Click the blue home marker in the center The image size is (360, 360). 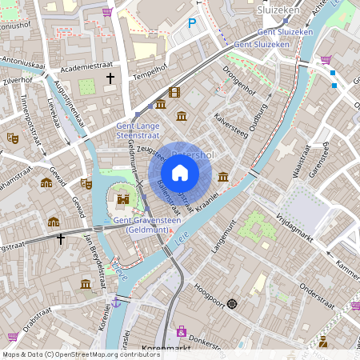pyautogui.click(x=180, y=173)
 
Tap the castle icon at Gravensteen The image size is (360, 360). pyautogui.click(x=123, y=198)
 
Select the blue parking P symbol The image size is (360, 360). pyautogui.click(x=192, y=24)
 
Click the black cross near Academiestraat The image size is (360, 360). pyautogui.click(x=110, y=78)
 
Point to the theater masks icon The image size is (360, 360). pyautogui.click(x=12, y=138)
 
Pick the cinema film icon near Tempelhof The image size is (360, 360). pyautogui.click(x=174, y=93)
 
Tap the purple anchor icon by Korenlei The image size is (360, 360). pyautogui.click(x=116, y=302)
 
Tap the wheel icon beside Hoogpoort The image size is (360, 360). pyautogui.click(x=232, y=303)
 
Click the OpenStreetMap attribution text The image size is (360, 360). pyautogui.click(x=80, y=354)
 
